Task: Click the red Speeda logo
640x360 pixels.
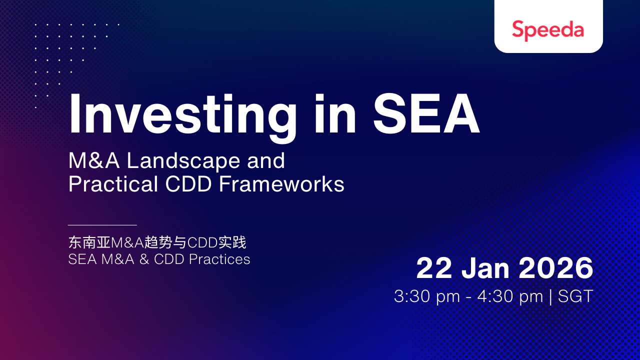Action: click(x=548, y=30)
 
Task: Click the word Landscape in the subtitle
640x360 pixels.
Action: click(x=183, y=161)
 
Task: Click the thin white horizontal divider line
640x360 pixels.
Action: click(x=102, y=225)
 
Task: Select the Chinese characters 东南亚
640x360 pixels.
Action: click(x=89, y=242)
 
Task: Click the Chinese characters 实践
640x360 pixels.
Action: click(x=232, y=242)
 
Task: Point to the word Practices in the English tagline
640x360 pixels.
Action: click(x=219, y=259)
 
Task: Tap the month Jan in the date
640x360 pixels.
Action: click(x=485, y=268)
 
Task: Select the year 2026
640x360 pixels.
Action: click(x=556, y=268)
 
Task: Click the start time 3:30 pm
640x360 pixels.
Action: click(x=427, y=297)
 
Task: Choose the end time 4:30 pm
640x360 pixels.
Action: click(x=510, y=297)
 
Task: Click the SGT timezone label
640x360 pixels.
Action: click(x=575, y=296)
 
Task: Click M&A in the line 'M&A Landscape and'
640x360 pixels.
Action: click(x=94, y=160)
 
